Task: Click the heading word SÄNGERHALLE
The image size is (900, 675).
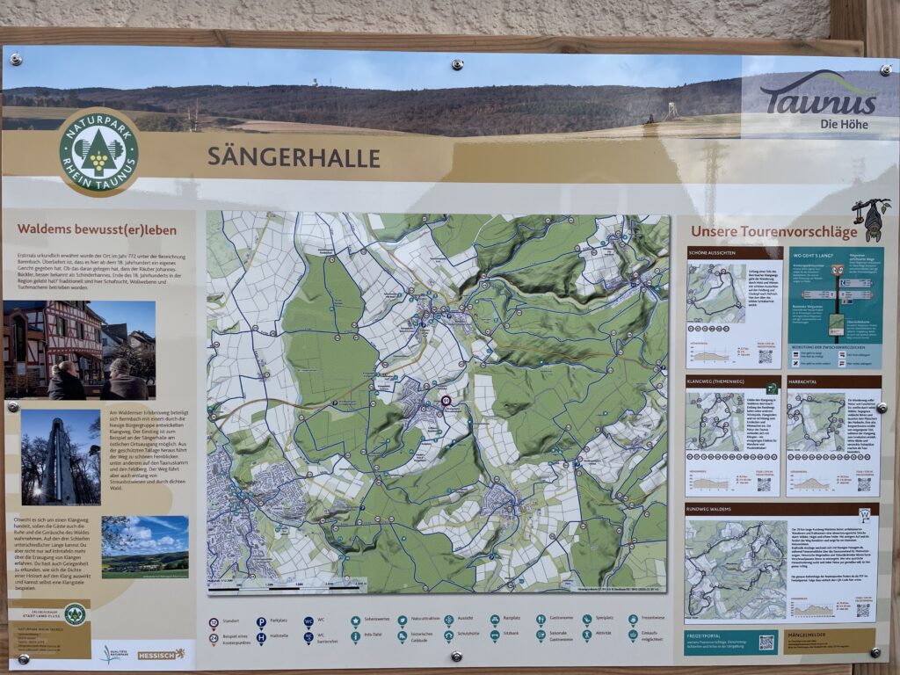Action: click(294, 158)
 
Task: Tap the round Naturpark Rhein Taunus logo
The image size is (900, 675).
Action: click(98, 152)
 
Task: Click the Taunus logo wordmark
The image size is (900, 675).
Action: click(819, 99)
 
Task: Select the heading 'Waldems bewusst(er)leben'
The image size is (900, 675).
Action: click(91, 229)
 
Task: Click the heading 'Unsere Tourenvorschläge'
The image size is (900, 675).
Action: click(773, 232)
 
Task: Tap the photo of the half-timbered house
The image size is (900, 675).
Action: click(79, 349)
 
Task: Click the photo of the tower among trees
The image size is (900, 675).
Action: click(61, 457)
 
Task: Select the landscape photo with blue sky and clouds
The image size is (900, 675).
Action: click(145, 545)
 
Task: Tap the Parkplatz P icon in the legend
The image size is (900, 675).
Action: click(261, 621)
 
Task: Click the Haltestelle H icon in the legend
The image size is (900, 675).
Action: click(261, 637)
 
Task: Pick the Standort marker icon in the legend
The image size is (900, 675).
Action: click(214, 622)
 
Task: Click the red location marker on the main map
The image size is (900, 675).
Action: click(446, 401)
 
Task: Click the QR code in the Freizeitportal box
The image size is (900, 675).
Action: click(766, 642)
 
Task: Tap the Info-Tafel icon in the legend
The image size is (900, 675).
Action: click(355, 637)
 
